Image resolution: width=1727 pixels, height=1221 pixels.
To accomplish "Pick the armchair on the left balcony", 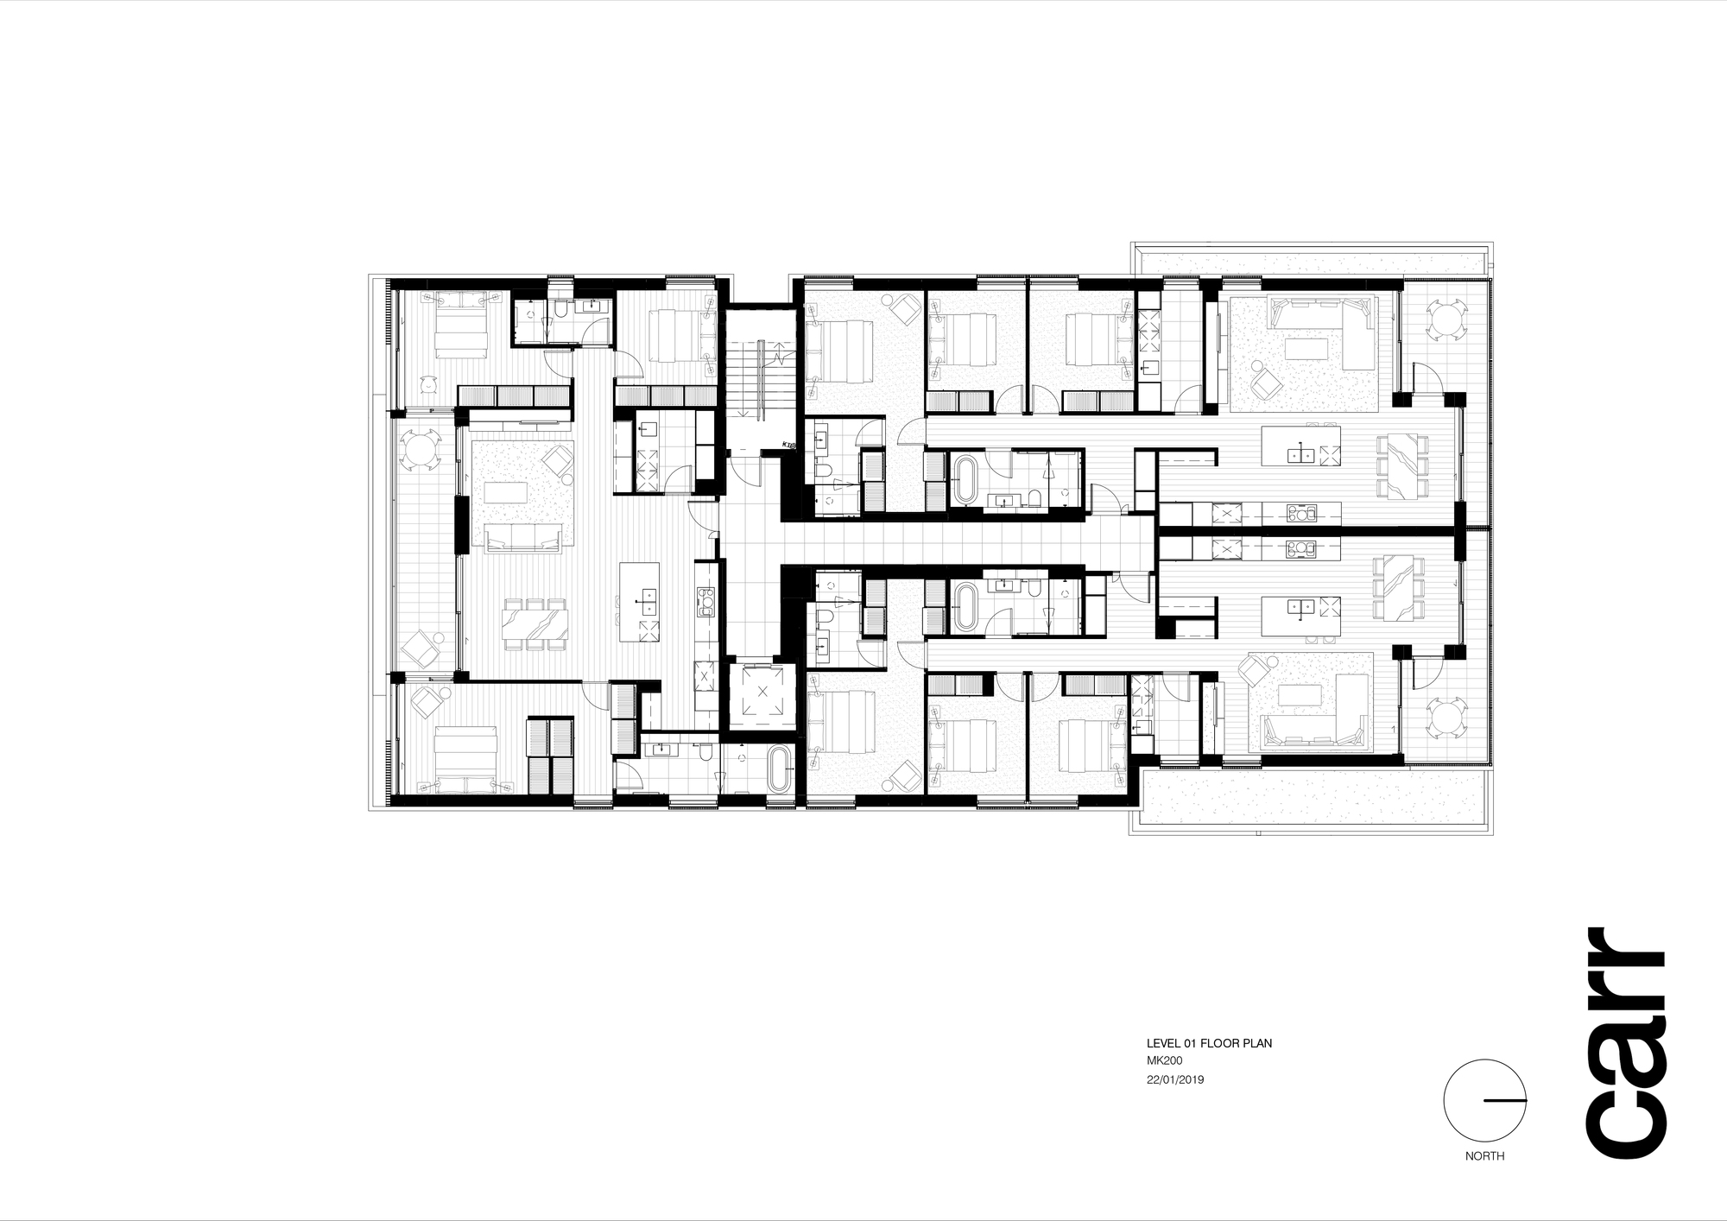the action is (x=422, y=647).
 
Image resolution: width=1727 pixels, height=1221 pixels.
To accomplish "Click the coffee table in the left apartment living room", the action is (x=505, y=491).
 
